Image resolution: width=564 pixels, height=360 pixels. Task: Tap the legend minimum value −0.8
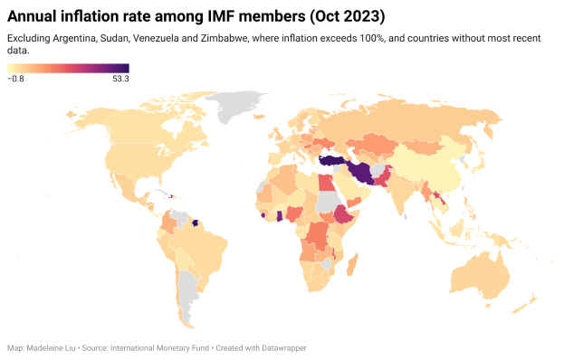coord(15,79)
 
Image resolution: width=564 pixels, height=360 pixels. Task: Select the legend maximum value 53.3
coord(119,79)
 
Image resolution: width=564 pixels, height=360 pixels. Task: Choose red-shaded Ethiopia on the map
coord(342,213)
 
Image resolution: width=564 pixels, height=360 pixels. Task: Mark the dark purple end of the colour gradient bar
coord(125,68)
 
